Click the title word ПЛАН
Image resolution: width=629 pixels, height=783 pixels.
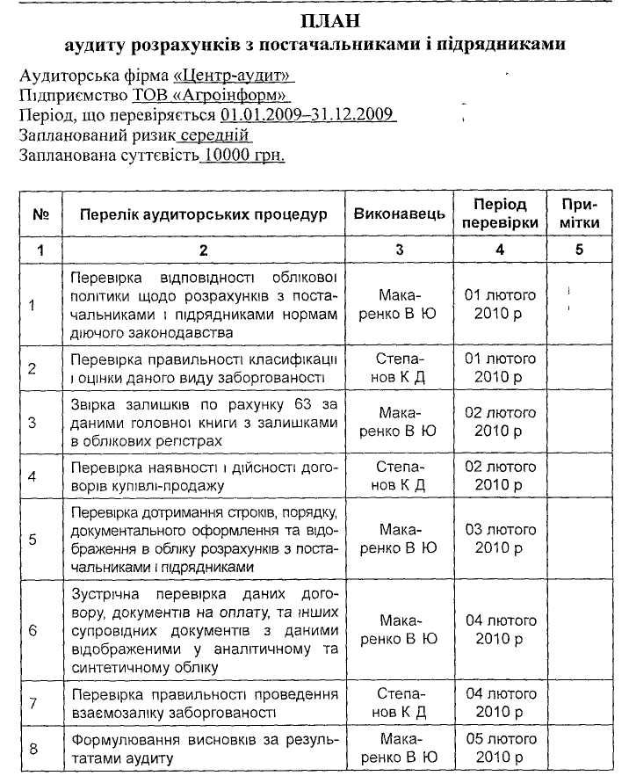316,19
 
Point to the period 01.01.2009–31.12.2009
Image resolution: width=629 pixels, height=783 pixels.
308,115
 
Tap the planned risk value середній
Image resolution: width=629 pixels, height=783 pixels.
214,135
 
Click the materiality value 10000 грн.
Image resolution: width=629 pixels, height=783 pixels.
242,156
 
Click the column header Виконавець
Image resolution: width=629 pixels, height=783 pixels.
400,214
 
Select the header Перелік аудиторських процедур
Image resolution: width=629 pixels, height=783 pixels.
203,214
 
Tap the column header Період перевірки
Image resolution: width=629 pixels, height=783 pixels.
500,214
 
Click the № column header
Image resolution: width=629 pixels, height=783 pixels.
40,214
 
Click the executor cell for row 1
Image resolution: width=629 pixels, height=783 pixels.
400,304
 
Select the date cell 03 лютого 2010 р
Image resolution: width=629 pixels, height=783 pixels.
500,540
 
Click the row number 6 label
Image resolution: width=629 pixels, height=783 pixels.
33,630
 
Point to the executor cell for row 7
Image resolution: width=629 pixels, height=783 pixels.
400,702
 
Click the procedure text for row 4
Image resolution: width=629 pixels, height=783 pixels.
203,475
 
